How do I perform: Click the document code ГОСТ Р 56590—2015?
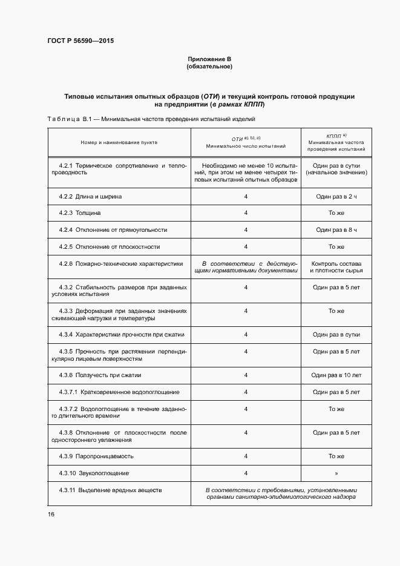(80, 41)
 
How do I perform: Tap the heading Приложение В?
(209, 59)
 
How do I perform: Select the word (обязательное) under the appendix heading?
(209, 66)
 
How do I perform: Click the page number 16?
(51, 514)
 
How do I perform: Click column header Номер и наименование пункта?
(119, 142)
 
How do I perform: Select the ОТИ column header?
(246, 142)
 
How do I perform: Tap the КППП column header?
(336, 142)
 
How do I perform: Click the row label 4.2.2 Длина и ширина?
(90, 197)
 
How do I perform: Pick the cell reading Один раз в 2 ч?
(336, 197)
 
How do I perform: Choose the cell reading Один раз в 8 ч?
(336, 230)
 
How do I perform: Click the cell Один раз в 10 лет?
(336, 375)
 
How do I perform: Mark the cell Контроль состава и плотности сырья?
(336, 267)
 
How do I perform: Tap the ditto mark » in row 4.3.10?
(336, 473)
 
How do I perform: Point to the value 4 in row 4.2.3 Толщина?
(246, 213)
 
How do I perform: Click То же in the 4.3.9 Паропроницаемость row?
(336, 456)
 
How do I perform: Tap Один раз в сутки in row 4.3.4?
(336, 334)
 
